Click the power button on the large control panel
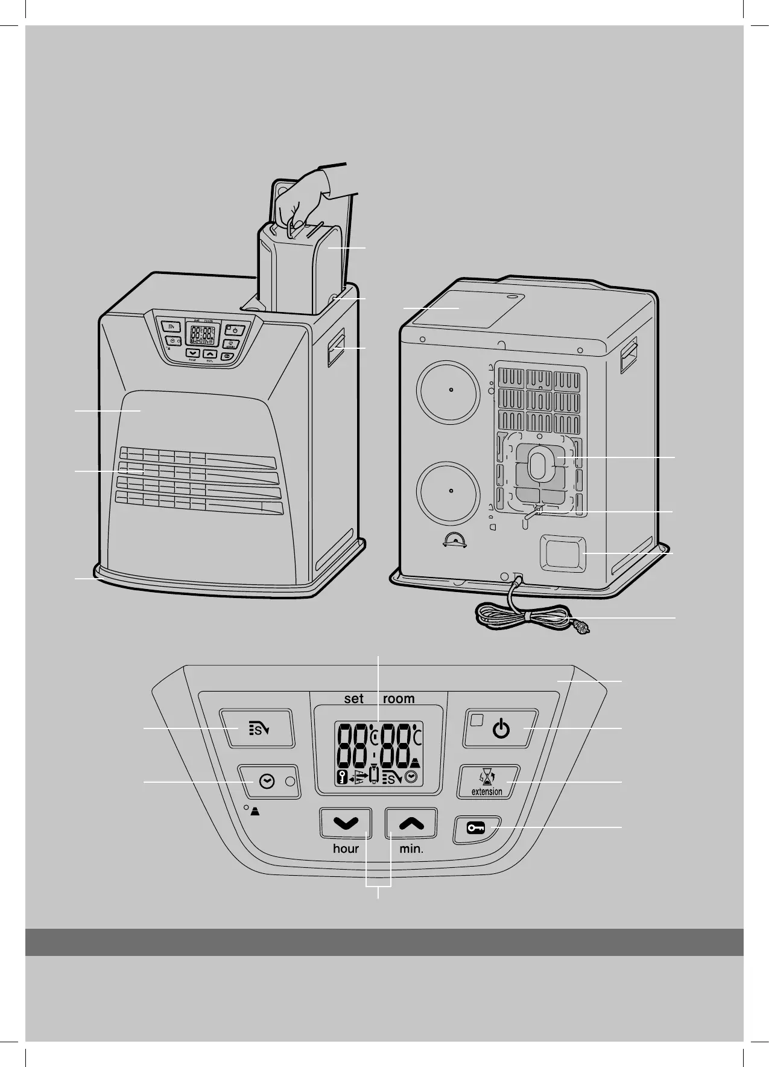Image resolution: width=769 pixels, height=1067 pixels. (x=500, y=729)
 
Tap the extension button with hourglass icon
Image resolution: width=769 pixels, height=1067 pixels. (x=489, y=782)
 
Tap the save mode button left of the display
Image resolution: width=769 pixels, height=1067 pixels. (x=257, y=729)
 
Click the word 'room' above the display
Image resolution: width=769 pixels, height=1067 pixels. (x=399, y=699)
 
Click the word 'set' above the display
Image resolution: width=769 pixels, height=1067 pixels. (x=354, y=699)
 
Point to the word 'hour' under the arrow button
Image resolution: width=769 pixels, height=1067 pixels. (x=346, y=849)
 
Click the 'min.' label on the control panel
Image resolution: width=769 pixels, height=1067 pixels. (x=412, y=849)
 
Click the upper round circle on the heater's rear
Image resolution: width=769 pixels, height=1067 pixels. (x=450, y=390)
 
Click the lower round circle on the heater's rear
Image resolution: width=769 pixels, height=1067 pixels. (x=450, y=491)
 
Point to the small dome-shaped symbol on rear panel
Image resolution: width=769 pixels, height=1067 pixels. (x=454, y=540)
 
